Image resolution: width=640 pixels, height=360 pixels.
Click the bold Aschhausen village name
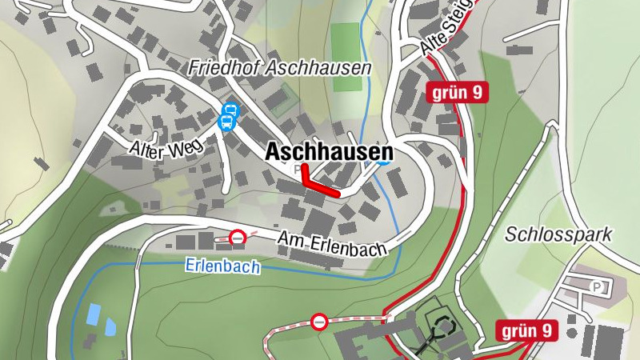329,151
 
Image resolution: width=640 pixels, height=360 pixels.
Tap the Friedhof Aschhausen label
280,68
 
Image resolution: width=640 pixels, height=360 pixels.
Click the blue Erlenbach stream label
222,266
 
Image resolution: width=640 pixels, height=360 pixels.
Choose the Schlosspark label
558,234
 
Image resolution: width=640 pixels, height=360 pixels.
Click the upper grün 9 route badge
457,92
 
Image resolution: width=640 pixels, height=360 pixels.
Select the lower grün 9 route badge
526,330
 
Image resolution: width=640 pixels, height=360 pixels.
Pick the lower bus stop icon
226,122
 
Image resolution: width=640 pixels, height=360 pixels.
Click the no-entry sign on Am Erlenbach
238,237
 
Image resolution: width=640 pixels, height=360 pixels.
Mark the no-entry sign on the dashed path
319,322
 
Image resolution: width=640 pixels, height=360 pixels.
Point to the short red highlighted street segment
321,186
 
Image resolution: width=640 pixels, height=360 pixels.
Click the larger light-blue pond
94,313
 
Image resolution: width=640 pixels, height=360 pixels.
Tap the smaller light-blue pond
110,326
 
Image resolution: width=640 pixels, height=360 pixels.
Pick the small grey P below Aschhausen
298,169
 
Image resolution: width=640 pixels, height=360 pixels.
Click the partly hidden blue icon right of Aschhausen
384,162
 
